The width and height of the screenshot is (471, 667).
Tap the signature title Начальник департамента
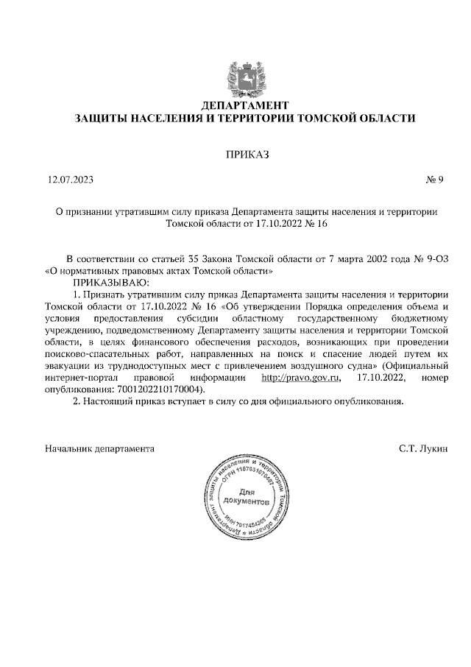pyautogui.click(x=99, y=448)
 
